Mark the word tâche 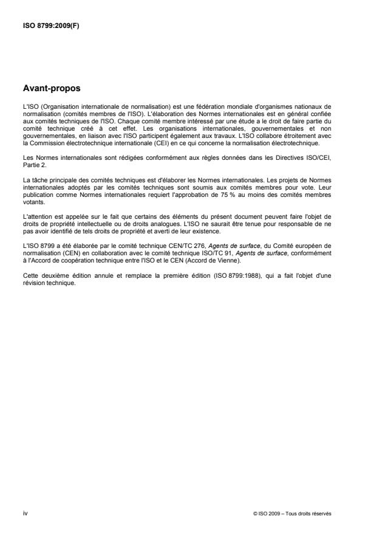38,176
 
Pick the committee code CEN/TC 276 165,244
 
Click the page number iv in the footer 24,512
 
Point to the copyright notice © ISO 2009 273,513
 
